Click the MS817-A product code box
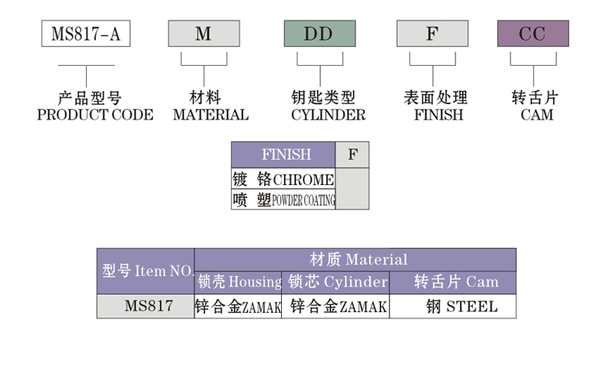click(85, 34)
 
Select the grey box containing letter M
click(204, 34)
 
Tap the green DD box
click(319, 34)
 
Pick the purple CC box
click(532, 34)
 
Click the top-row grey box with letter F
click(432, 34)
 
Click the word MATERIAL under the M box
click(211, 115)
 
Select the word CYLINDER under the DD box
click(327, 115)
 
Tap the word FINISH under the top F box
click(438, 115)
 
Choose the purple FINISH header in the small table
click(283, 154)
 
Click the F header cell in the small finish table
click(352, 154)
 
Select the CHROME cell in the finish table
click(283, 180)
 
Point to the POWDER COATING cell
click(283, 200)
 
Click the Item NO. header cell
click(146, 271)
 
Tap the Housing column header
click(239, 282)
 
